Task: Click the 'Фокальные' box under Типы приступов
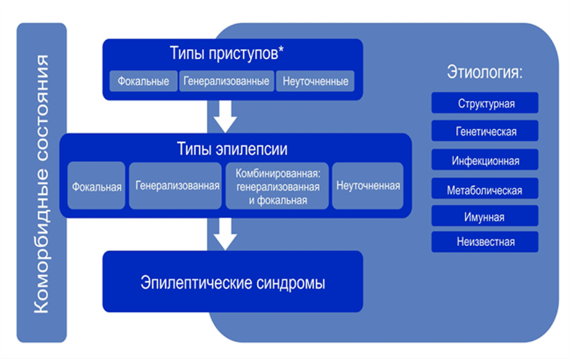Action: click(x=144, y=81)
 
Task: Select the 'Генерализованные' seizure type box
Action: click(x=226, y=81)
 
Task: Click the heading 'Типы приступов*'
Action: click(x=226, y=54)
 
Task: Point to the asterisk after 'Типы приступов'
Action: click(x=281, y=51)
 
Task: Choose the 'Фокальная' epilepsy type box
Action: click(x=96, y=186)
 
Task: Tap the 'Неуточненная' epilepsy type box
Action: click(x=367, y=186)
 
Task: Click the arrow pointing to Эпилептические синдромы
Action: click(x=226, y=233)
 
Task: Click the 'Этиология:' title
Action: click(x=485, y=72)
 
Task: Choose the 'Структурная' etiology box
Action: click(x=485, y=103)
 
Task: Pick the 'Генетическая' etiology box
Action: click(x=485, y=131)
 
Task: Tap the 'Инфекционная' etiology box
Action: click(x=485, y=160)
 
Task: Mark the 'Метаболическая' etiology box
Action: click(x=485, y=189)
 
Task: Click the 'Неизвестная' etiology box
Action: click(x=485, y=242)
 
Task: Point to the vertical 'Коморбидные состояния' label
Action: click(x=41, y=183)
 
